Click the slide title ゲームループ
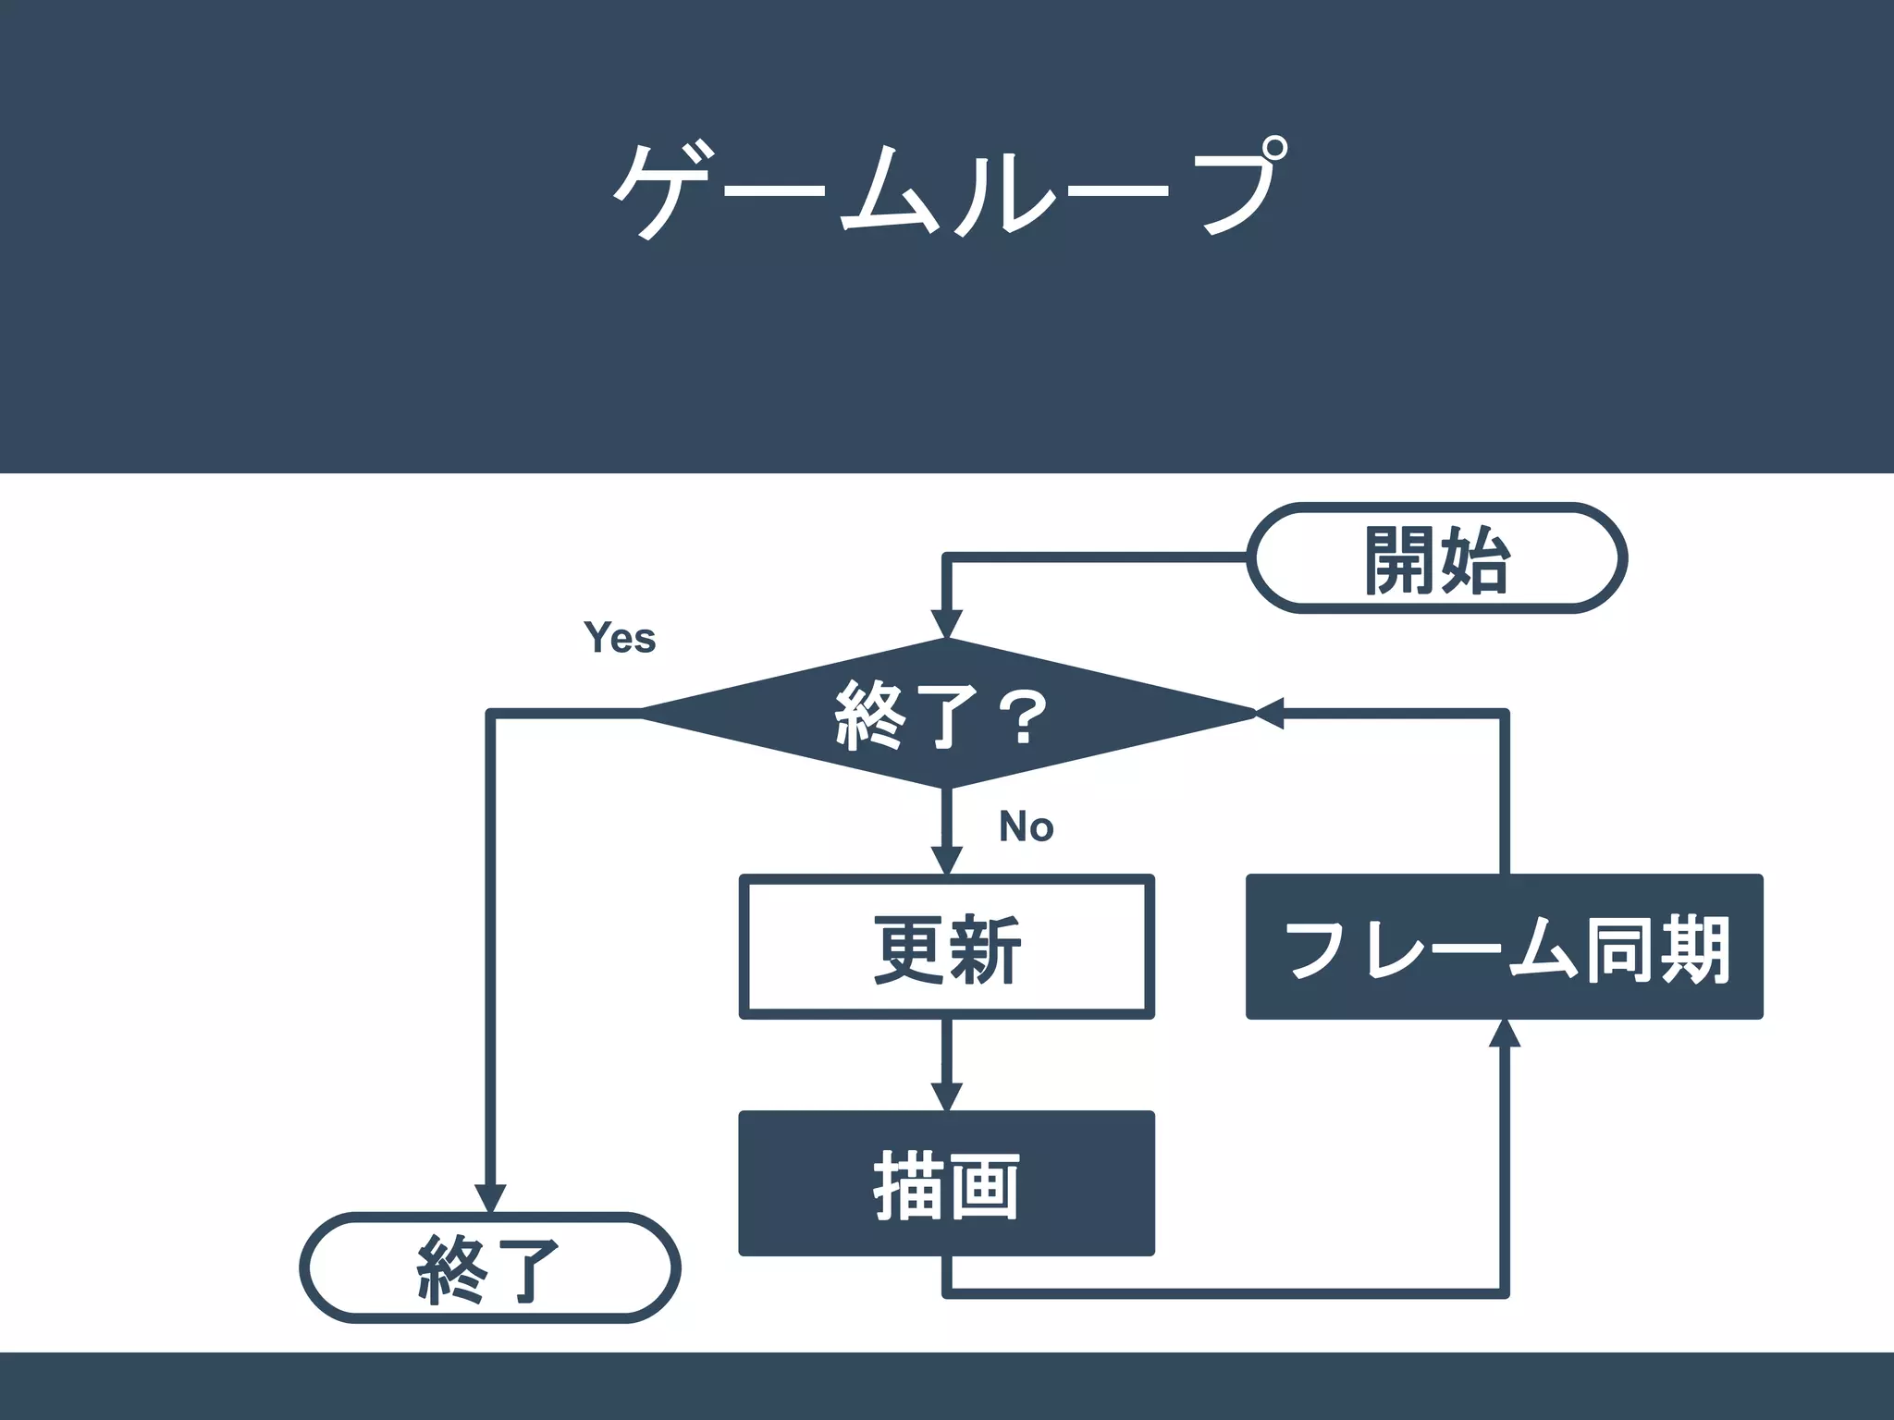[947, 190]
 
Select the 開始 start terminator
[1436, 558]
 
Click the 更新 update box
[946, 948]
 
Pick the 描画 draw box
[946, 1184]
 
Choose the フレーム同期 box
[1504, 948]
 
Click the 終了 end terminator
[489, 1267]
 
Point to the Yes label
[620, 638]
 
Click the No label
[1026, 826]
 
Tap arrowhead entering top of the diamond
[946, 624]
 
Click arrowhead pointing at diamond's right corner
[1269, 713]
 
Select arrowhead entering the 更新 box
[946, 860]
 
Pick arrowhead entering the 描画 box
[946, 1096]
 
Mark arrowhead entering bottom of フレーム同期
[1505, 1034]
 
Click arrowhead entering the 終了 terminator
[489, 1197]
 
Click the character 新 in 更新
[986, 949]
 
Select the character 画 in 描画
[984, 1186]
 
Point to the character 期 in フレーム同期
[1694, 949]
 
